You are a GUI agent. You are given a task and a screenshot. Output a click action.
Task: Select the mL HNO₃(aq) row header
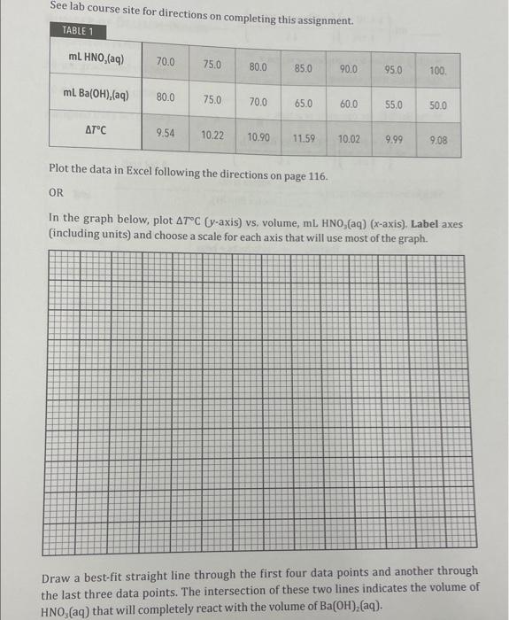pyautogui.click(x=96, y=60)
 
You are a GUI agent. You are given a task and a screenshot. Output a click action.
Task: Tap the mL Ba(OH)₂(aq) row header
pyautogui.click(x=96, y=95)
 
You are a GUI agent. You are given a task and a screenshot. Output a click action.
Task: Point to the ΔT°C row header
pyautogui.click(x=96, y=131)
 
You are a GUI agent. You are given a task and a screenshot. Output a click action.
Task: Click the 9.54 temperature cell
pyautogui.click(x=165, y=133)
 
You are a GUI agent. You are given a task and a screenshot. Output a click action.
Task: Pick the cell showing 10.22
pyautogui.click(x=212, y=136)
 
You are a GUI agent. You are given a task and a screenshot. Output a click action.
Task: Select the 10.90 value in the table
pyautogui.click(x=258, y=137)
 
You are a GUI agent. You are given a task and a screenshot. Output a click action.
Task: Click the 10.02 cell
pyautogui.click(x=349, y=139)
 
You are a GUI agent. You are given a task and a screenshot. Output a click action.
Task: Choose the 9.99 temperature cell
pyautogui.click(x=394, y=140)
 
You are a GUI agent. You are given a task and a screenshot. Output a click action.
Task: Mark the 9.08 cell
pyautogui.click(x=438, y=140)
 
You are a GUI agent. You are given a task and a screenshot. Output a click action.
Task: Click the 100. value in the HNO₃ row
pyautogui.click(x=438, y=69)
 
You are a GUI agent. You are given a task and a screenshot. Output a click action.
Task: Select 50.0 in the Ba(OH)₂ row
pyautogui.click(x=438, y=105)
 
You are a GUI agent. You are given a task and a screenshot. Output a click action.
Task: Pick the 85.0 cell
pyautogui.click(x=303, y=67)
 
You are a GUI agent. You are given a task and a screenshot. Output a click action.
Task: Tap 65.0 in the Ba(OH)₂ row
pyautogui.click(x=303, y=103)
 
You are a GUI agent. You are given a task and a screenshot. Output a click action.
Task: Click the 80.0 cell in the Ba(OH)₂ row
pyautogui.click(x=166, y=97)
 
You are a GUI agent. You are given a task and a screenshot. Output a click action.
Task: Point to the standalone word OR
pyautogui.click(x=56, y=191)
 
